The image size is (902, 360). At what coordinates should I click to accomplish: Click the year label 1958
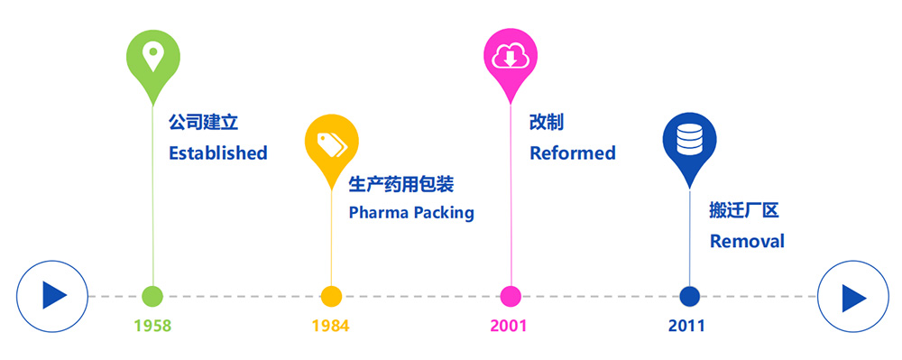[153, 326]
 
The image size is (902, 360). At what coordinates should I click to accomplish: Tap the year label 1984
[331, 326]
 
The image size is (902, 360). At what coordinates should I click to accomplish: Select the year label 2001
[509, 326]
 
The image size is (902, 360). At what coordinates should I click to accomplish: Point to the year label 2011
[686, 326]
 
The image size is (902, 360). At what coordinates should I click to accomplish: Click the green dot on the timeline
[152, 296]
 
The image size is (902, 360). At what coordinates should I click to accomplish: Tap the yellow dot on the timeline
[331, 296]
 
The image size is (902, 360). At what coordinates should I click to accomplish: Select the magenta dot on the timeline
[511, 296]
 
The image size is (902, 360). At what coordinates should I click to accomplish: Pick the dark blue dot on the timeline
[690, 296]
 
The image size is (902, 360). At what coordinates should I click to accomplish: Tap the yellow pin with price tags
[331, 147]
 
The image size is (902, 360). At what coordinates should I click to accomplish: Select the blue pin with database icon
[690, 147]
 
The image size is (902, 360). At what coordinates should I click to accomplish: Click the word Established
[218, 153]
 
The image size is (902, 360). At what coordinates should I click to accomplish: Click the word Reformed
[573, 153]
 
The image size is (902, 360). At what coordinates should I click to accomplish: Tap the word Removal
[747, 241]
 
